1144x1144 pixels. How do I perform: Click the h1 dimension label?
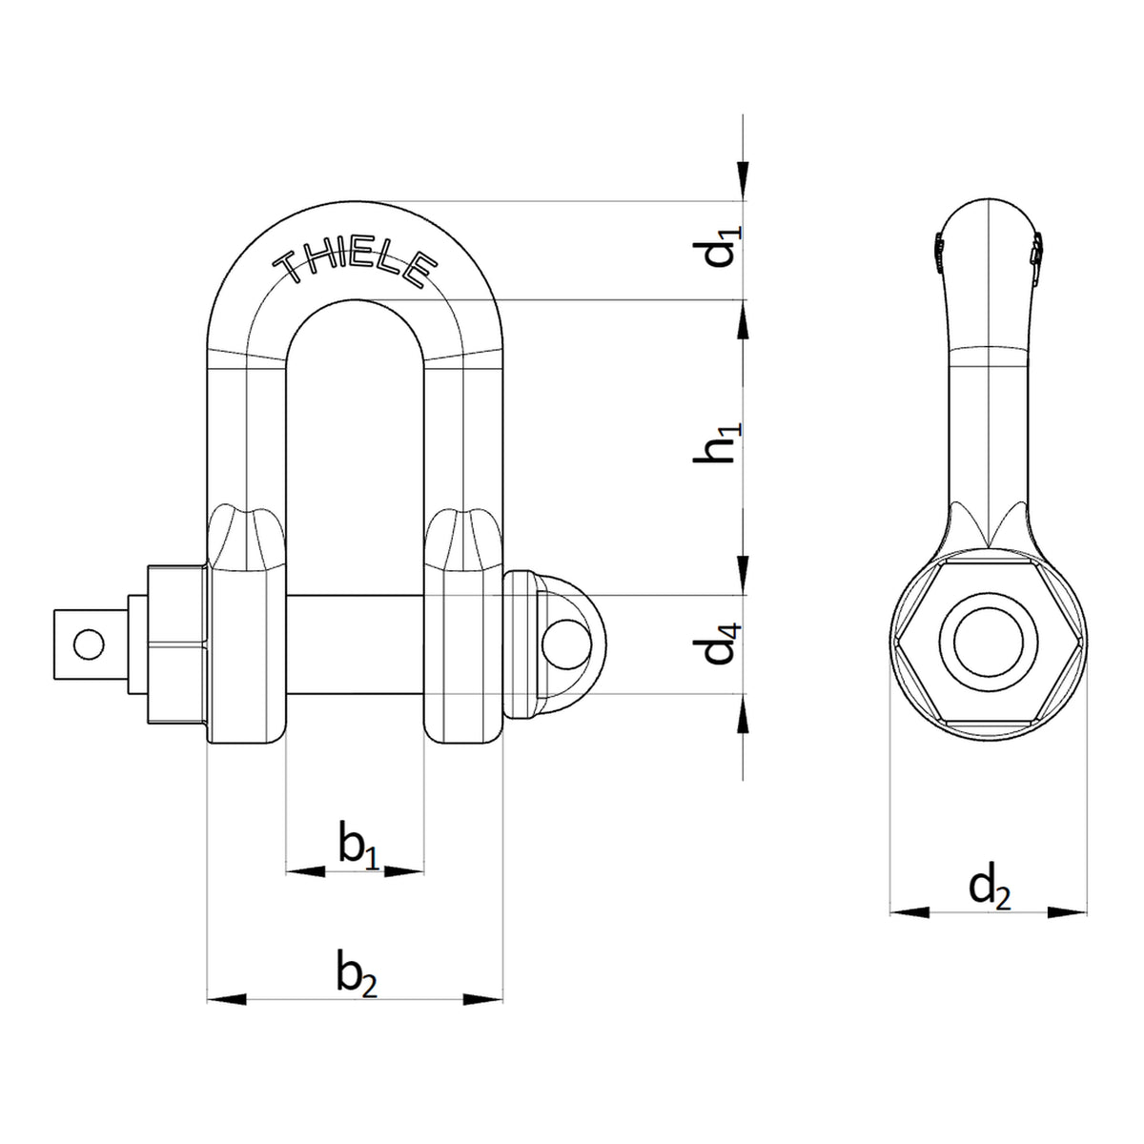(x=717, y=443)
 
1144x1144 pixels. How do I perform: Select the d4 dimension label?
(x=719, y=643)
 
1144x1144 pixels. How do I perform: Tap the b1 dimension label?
(x=358, y=846)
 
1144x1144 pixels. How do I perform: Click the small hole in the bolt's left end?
(x=89, y=644)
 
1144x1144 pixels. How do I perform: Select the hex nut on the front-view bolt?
(x=177, y=644)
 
